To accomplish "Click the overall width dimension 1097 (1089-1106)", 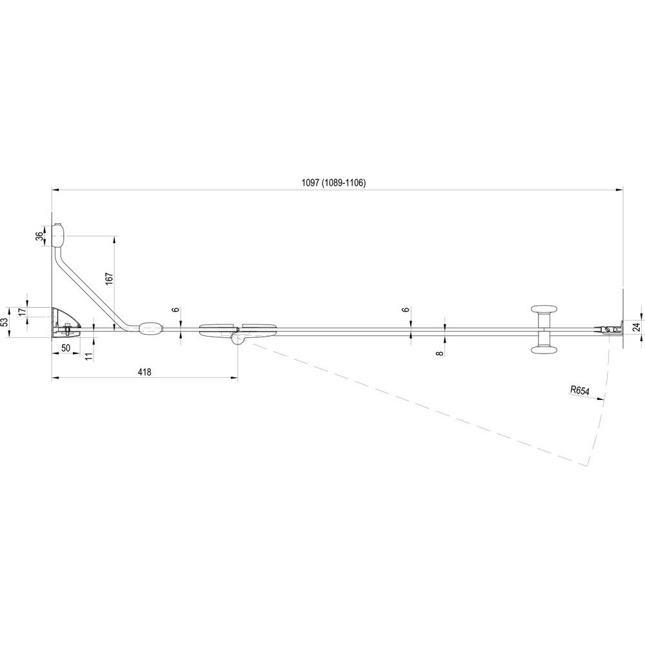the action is click(x=333, y=183).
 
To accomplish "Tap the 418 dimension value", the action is click(x=144, y=372).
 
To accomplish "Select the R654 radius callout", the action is click(x=580, y=390).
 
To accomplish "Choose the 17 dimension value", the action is click(x=23, y=312).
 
